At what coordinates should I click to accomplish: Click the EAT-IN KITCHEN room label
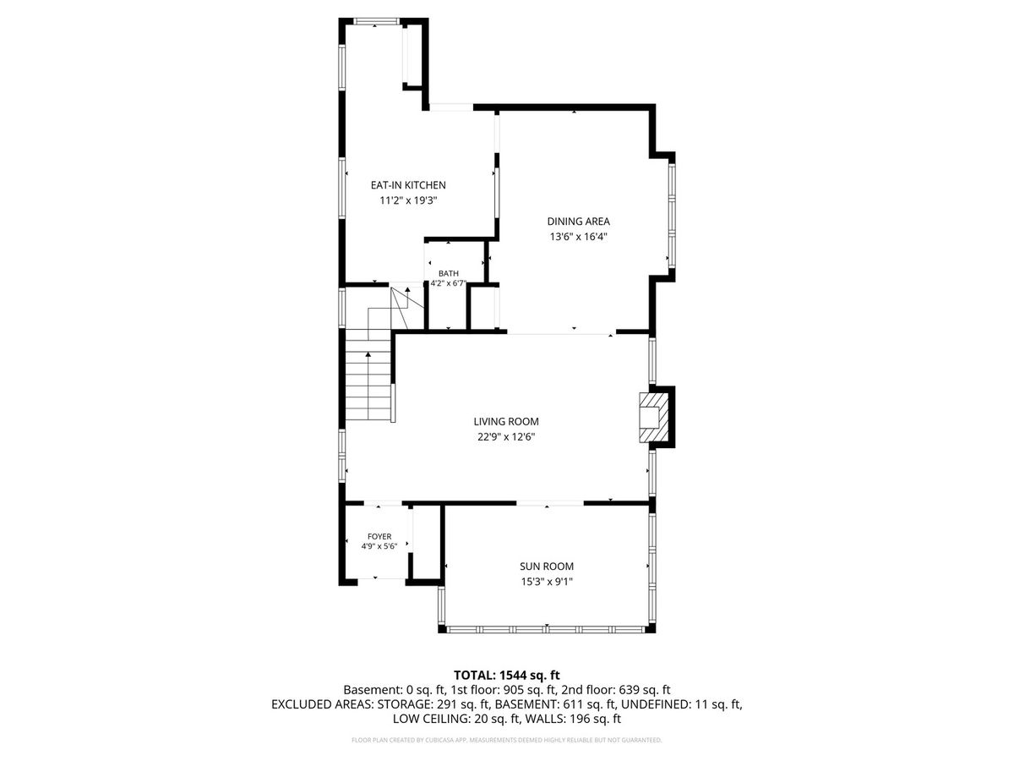click(408, 185)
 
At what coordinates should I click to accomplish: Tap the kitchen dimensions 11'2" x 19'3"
click(408, 200)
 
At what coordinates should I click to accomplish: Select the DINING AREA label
click(578, 222)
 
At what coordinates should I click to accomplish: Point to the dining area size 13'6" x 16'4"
click(578, 237)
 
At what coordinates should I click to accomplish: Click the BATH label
click(449, 273)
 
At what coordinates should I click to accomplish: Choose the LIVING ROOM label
click(506, 421)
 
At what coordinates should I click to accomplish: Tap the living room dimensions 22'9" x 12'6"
click(506, 436)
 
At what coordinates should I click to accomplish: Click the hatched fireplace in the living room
click(653, 417)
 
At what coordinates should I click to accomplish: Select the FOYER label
click(379, 536)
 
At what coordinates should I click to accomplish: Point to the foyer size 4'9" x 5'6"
click(379, 546)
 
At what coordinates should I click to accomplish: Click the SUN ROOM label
click(547, 566)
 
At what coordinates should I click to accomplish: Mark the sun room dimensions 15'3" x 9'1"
click(547, 581)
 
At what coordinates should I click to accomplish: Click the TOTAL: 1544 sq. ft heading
click(506, 675)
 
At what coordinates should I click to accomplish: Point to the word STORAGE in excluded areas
click(403, 704)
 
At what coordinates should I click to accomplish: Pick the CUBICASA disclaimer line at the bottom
click(506, 740)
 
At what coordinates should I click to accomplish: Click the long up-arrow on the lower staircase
click(368, 386)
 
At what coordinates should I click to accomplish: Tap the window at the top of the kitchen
click(376, 21)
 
